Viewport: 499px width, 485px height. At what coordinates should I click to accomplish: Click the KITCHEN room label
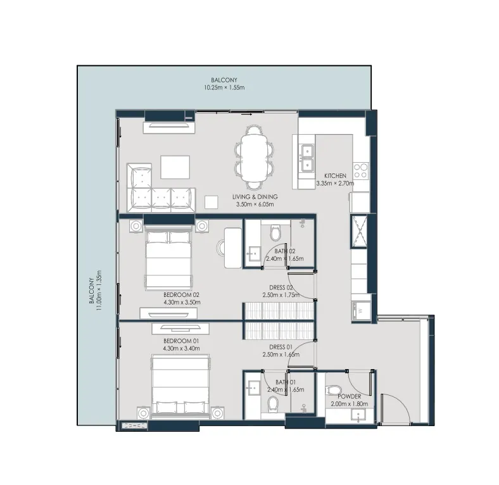(x=335, y=175)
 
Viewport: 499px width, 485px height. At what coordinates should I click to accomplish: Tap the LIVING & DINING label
(x=255, y=197)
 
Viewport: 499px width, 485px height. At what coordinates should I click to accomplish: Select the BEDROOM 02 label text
(x=181, y=295)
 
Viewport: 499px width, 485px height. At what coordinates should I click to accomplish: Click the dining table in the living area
(x=255, y=158)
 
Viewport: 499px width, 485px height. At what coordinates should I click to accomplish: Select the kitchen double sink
(x=307, y=158)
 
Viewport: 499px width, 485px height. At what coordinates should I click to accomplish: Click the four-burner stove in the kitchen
(x=361, y=170)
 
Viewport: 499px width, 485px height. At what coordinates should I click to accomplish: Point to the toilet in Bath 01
(x=274, y=403)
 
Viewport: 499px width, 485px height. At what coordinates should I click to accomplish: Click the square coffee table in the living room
(x=174, y=167)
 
